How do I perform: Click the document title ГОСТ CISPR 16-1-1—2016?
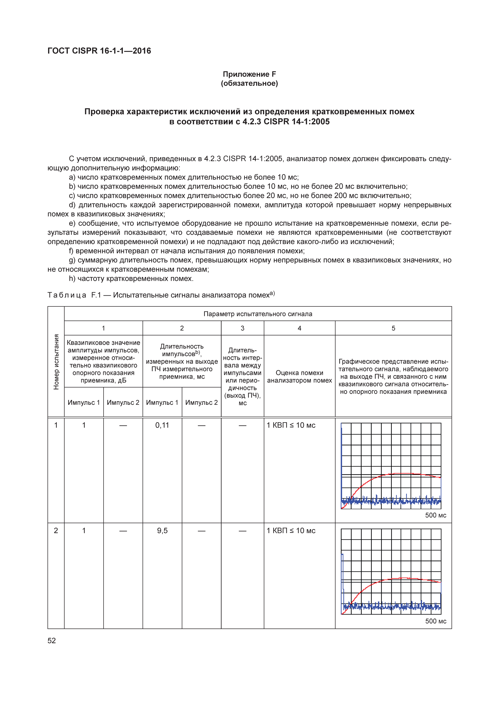99,51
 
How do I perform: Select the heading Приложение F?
249,74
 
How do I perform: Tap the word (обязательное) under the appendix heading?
249,83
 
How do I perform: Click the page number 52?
52,640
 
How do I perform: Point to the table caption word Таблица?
67,295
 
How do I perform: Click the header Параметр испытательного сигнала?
258,314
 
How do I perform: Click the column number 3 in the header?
242,328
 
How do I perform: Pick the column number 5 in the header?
393,328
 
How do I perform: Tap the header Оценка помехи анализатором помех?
299,377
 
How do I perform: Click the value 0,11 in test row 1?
162,425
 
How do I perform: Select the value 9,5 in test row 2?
162,531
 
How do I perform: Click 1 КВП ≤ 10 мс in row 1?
291,425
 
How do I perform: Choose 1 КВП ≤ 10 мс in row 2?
291,531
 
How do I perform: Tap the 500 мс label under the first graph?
435,515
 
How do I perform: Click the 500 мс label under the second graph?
435,621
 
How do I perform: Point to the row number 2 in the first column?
56,531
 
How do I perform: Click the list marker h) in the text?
72,278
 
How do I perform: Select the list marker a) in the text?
72,177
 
